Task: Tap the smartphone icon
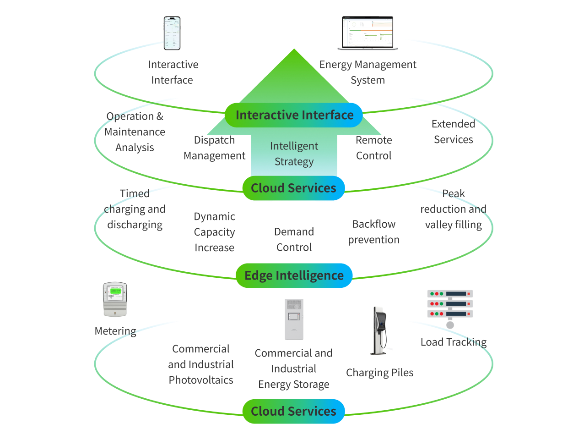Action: point(172,33)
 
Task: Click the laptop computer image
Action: point(368,33)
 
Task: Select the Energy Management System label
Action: point(368,72)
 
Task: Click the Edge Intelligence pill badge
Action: point(294,275)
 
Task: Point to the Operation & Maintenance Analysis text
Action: point(135,132)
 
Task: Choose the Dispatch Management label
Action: point(214,148)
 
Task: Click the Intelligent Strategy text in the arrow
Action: point(294,154)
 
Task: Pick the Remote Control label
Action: point(373,148)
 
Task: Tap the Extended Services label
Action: point(453,132)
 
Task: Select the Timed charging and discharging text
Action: point(135,209)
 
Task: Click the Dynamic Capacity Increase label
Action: point(214,232)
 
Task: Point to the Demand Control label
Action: point(294,240)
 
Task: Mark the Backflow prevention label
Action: point(373,232)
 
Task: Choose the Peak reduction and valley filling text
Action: point(453,209)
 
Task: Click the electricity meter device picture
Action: point(114,299)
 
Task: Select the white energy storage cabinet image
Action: point(294,319)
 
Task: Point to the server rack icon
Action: point(450,305)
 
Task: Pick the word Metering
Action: point(115,331)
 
